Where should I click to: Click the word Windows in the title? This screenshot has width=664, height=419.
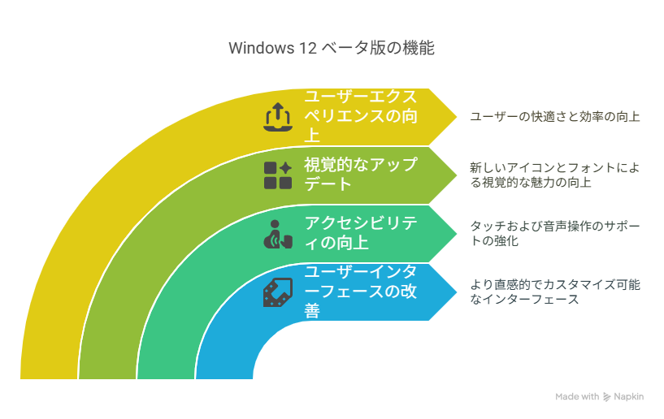coord(261,48)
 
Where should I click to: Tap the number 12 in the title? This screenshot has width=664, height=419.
coord(308,48)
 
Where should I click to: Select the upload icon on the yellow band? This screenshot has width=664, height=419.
coord(278,117)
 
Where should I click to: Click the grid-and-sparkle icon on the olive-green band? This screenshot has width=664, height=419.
coord(278,175)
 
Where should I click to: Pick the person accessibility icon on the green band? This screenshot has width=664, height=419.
coord(278,234)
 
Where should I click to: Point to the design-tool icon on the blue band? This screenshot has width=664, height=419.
coord(278,292)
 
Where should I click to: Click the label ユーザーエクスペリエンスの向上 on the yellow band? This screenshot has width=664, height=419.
coord(361,116)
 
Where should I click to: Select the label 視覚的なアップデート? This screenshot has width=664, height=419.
coord(361,175)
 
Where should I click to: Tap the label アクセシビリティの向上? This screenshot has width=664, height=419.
coord(361,233)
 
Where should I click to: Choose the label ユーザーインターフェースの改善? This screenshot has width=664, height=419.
coord(361,292)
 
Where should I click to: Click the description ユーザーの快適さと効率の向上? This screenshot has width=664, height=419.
coord(555,116)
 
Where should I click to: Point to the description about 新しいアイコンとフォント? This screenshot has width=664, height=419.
coord(555,175)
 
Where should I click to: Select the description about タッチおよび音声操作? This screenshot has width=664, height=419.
coord(555,233)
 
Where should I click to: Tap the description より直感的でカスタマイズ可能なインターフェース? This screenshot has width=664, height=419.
coord(555,292)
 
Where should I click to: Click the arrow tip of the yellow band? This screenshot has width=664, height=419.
coord(457,117)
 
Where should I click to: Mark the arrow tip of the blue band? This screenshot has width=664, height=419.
coord(457,292)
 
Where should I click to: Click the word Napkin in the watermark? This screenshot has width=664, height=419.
coord(629,397)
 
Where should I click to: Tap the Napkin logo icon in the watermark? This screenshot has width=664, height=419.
coord(607,397)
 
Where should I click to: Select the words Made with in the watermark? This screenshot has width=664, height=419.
coord(577,396)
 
